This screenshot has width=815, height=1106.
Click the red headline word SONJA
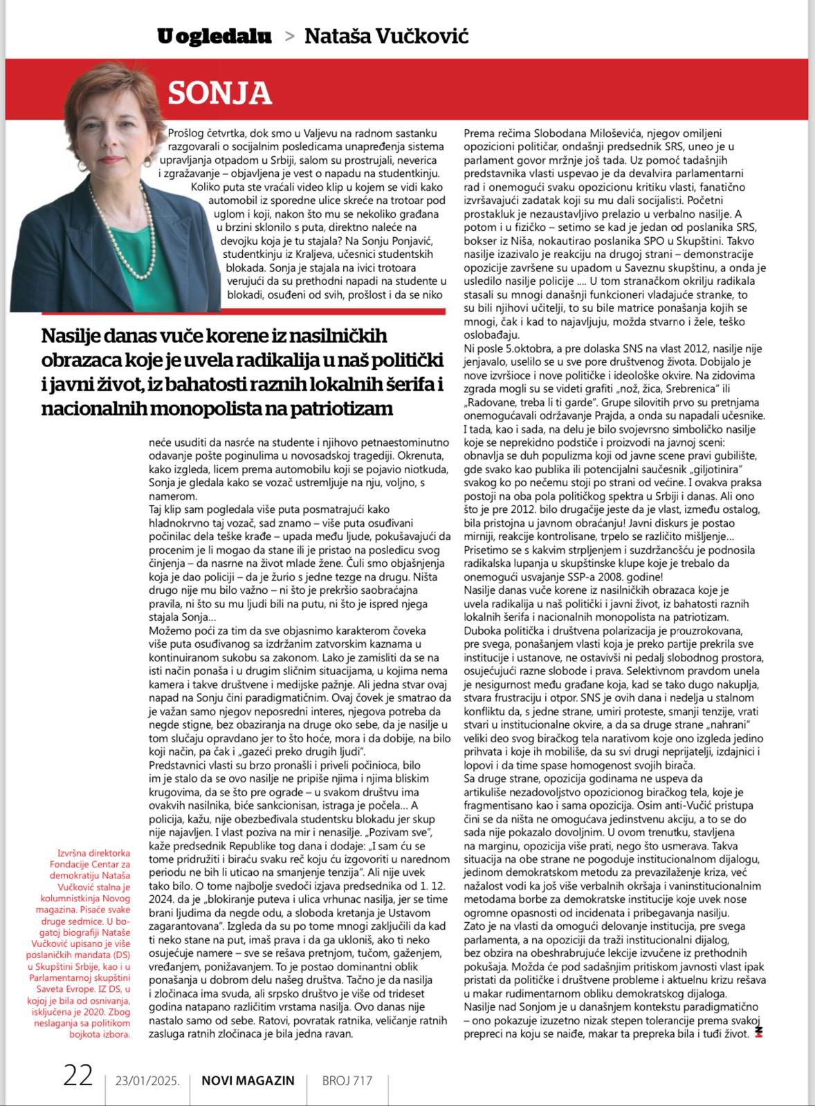pyautogui.click(x=220, y=93)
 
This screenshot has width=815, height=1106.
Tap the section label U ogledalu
pyautogui.click(x=214, y=36)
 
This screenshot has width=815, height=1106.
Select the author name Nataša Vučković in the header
pyautogui.click(x=386, y=36)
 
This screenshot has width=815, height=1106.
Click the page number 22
pyautogui.click(x=78, y=1076)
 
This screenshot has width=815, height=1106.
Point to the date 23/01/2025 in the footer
pyautogui.click(x=148, y=1080)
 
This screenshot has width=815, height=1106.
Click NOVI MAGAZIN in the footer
pyautogui.click(x=248, y=1080)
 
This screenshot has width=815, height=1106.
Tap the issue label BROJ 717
pyautogui.click(x=347, y=1080)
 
